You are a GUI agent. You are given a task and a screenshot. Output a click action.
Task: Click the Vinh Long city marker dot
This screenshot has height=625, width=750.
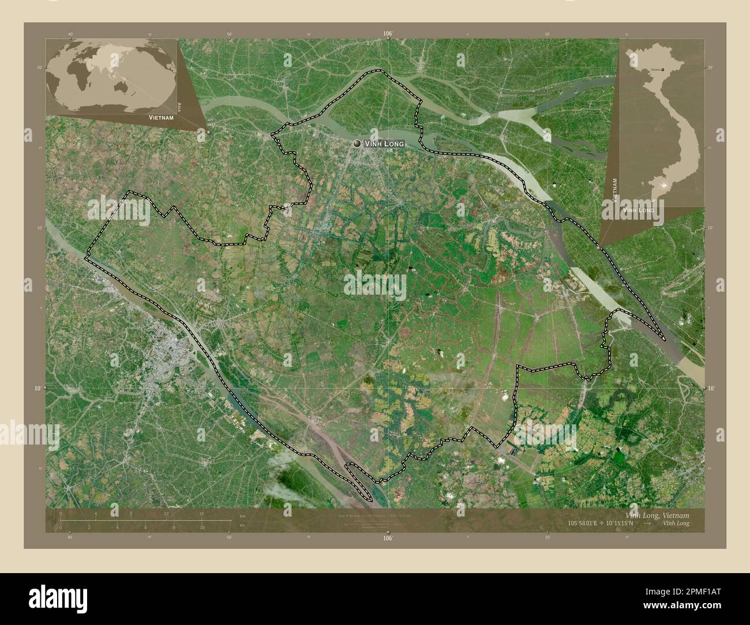pos(358,144)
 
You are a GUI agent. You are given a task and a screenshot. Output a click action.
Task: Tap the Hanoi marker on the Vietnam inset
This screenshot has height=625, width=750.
pos(662,69)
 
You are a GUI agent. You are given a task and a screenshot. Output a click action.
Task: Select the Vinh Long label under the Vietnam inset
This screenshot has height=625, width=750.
pos(637,210)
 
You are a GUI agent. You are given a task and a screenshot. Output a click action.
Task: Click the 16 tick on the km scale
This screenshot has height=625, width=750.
pos(201,513)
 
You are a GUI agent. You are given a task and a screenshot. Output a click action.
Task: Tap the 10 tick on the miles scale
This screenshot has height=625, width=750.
pos(201,528)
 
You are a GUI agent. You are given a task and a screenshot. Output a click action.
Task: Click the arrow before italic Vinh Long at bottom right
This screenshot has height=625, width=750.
pos(647,524)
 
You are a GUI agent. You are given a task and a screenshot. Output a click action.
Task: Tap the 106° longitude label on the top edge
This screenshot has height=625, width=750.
pos(388,34)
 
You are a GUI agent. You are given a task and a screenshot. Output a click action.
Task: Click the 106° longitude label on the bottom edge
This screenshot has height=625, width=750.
pos(388,538)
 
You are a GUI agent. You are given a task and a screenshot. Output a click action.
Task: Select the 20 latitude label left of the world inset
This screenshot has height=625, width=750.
pos(40,67)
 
